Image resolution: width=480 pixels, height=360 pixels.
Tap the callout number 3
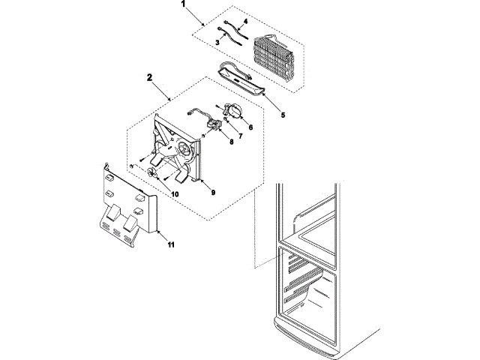point(217,44)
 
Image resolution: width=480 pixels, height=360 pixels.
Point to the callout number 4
point(244,23)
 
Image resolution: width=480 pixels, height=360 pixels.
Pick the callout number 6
point(250,127)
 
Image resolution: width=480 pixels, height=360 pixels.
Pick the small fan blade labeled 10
point(153,174)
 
